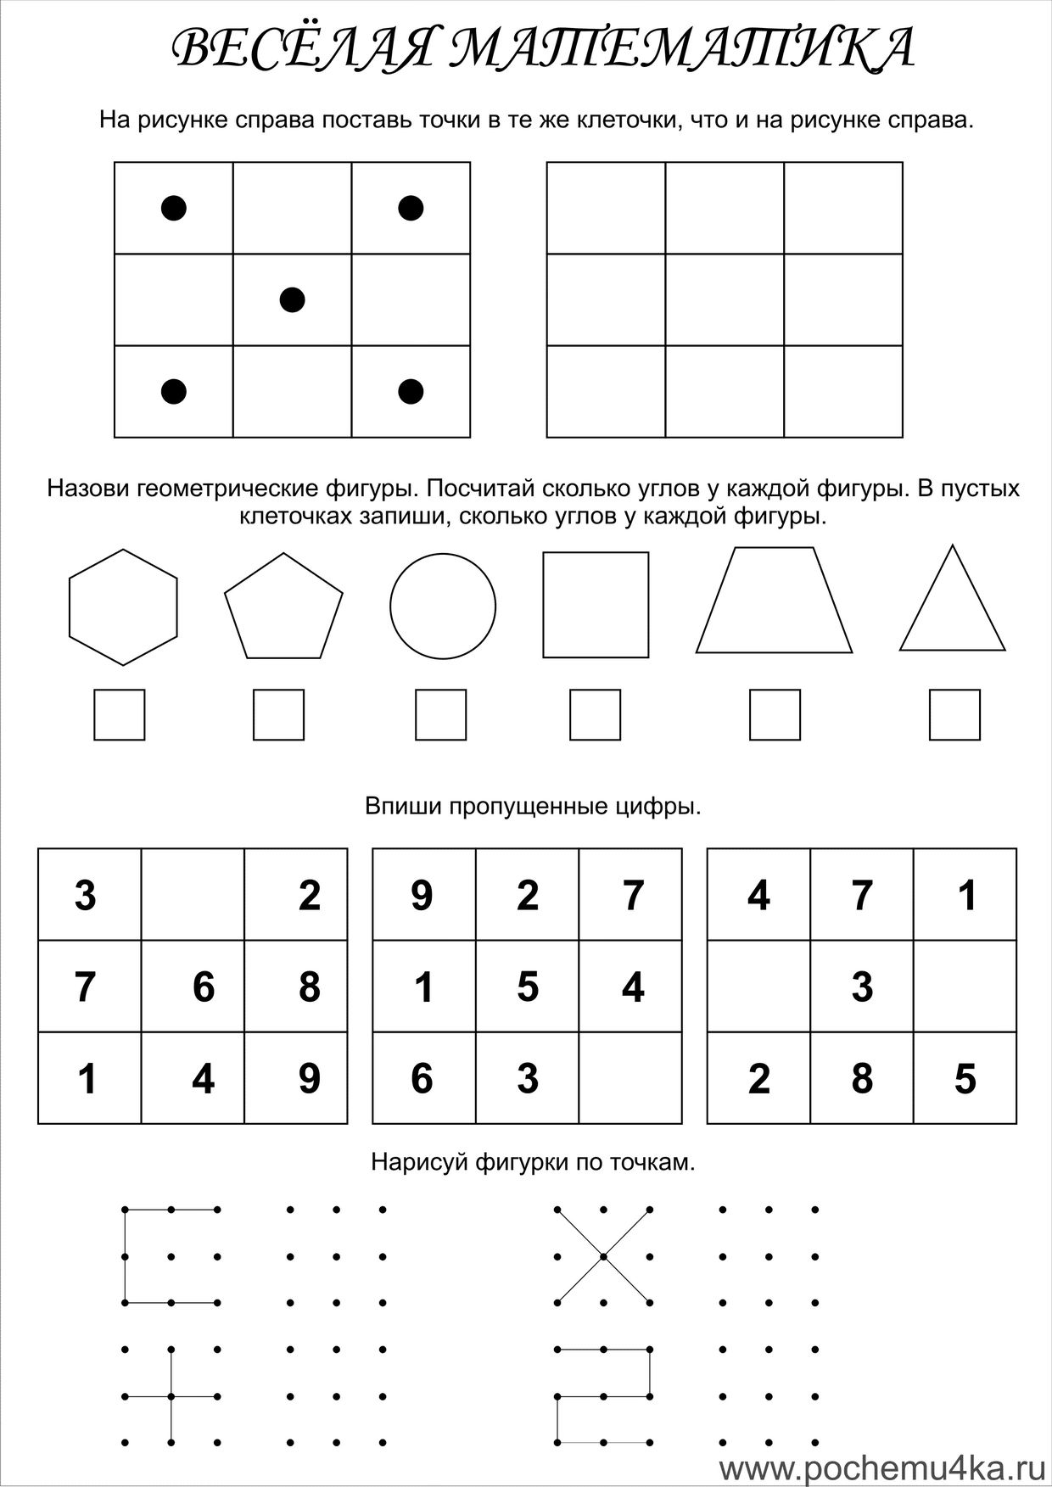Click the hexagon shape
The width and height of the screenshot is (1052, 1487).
click(x=123, y=607)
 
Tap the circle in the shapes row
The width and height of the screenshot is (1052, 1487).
click(x=443, y=607)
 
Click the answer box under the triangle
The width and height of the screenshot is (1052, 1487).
click(x=954, y=715)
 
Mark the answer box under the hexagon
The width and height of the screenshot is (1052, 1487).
click(x=119, y=715)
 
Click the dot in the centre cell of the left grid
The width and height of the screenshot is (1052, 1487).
click(x=292, y=299)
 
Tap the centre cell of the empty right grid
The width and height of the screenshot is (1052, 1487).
click(x=725, y=299)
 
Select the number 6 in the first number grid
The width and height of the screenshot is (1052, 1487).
click(x=203, y=987)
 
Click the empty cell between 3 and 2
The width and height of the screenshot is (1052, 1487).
click(x=193, y=895)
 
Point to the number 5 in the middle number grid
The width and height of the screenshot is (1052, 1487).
click(x=528, y=987)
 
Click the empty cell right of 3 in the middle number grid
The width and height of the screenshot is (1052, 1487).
click(x=630, y=1079)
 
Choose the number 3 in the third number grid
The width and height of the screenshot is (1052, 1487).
click(x=862, y=987)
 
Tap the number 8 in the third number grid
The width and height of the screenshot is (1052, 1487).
click(x=862, y=1079)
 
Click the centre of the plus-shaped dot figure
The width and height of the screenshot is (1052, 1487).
click(x=171, y=1395)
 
